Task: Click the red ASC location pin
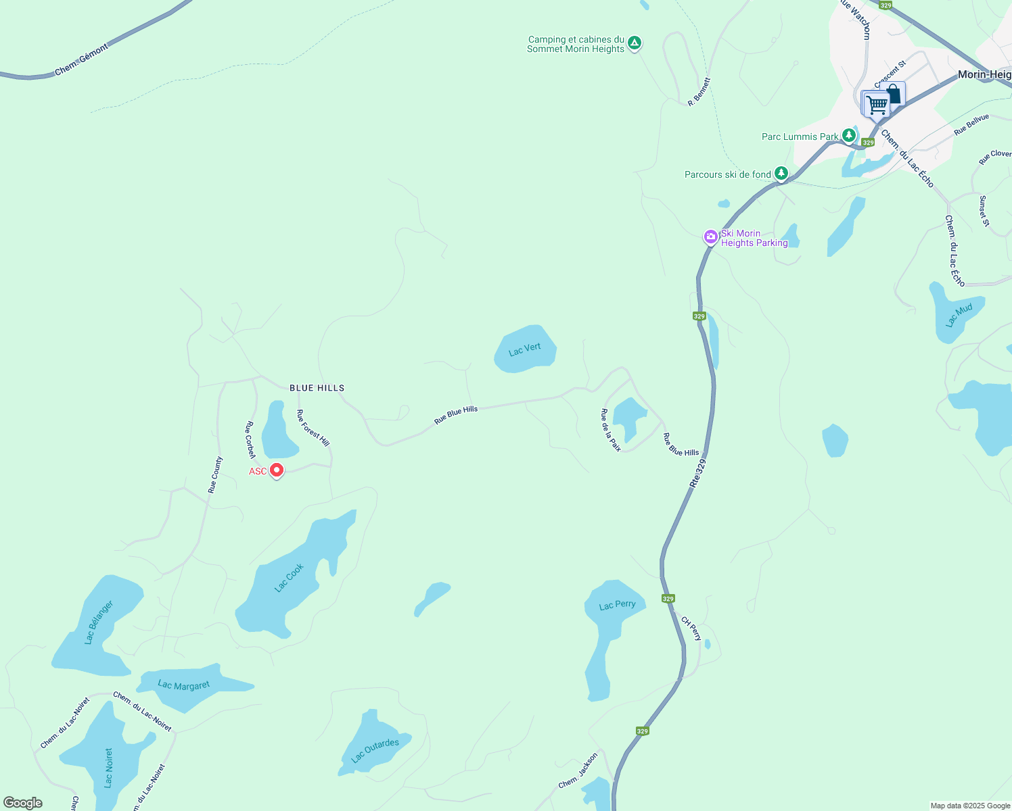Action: tap(276, 470)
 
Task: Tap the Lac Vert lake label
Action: tap(525, 349)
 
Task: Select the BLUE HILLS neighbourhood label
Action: tap(317, 388)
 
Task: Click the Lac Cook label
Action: tap(289, 578)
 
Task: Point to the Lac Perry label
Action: tap(617, 605)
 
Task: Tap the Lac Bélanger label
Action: tap(99, 622)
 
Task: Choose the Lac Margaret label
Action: tap(183, 685)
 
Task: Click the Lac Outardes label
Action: tap(375, 749)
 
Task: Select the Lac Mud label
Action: tap(959, 315)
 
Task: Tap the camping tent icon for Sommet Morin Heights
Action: tap(634, 43)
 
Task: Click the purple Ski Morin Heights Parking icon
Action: tap(711, 237)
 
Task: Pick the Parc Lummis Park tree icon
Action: tap(848, 136)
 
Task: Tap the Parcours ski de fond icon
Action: tap(781, 174)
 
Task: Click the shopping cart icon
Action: tap(877, 105)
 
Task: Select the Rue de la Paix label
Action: tap(611, 430)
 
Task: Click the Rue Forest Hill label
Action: tap(313, 428)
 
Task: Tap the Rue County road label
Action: tap(215, 474)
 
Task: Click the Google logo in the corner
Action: tap(23, 803)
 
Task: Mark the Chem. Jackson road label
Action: tap(578, 771)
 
